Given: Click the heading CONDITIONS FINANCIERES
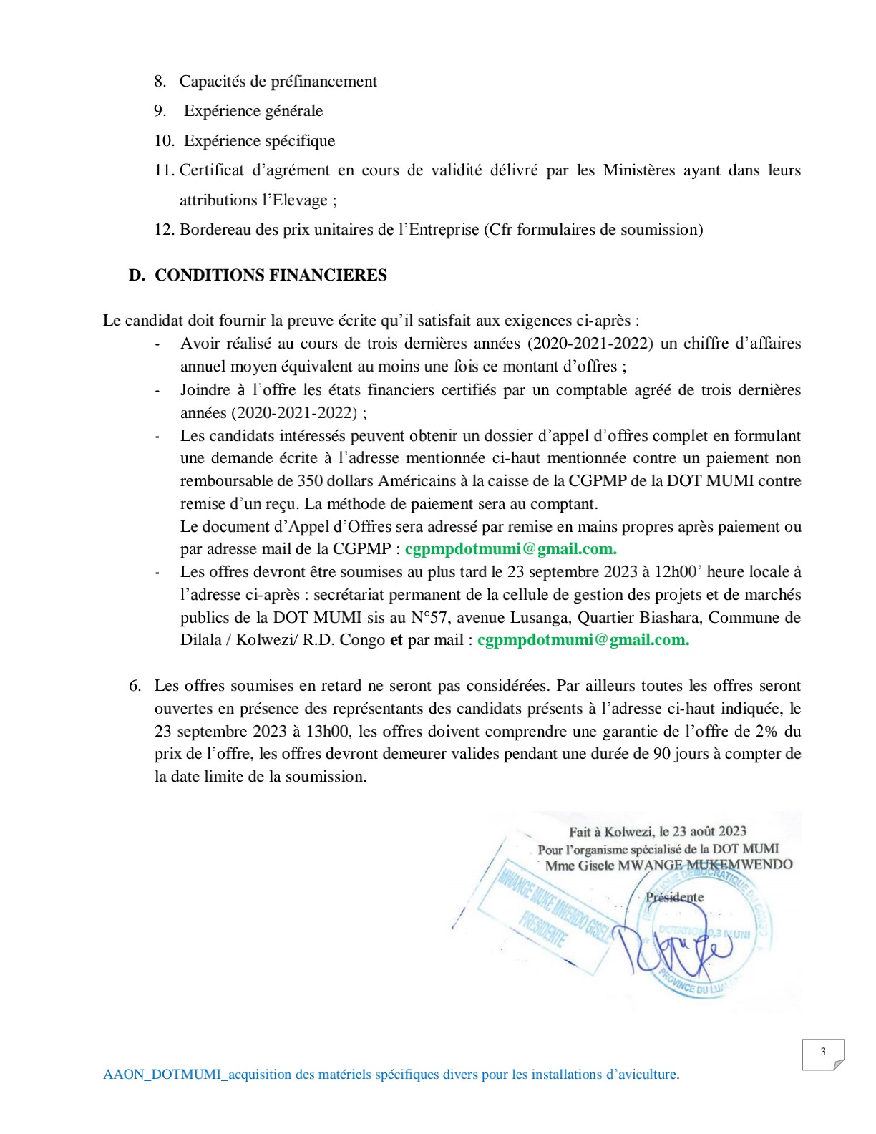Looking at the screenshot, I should point(271,276).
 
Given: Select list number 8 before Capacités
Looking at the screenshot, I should point(160,82).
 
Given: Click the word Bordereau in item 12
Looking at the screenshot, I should point(213,230).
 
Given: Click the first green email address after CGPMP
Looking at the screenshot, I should point(510,549).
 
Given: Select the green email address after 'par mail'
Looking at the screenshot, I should point(583,640).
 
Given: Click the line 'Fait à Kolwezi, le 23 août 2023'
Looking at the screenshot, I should point(657,831).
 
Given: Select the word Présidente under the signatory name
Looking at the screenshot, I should point(674,897).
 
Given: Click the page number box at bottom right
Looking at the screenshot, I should point(823,1054).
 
